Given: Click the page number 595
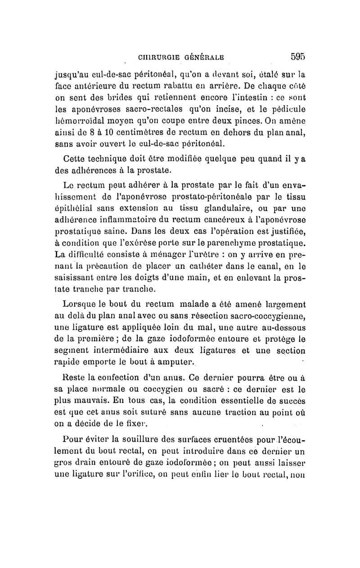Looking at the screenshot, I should tap(297, 56).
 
